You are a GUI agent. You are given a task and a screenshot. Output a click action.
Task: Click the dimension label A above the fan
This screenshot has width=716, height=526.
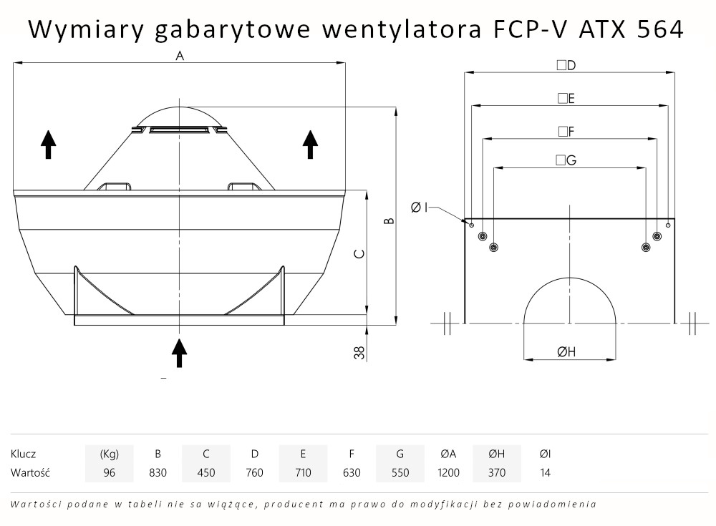[x=180, y=56]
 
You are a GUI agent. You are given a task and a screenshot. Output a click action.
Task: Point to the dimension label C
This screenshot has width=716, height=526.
[x=360, y=253]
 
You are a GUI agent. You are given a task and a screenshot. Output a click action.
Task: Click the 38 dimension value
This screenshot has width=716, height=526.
[x=360, y=351]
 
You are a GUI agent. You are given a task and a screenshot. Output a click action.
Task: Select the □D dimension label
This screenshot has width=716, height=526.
[x=566, y=65]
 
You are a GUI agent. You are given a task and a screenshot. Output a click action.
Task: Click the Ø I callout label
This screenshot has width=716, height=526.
[x=420, y=208]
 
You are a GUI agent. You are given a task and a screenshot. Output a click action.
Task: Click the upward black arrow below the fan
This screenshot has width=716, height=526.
[x=179, y=352]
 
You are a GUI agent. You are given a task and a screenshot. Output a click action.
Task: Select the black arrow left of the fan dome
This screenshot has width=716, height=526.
[x=48, y=144]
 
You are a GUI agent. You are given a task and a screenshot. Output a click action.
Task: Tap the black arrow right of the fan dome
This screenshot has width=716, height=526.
[x=310, y=144]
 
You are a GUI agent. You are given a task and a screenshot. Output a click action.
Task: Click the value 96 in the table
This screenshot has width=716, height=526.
[x=109, y=472]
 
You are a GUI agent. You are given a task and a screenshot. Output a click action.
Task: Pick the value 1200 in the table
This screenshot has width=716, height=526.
[x=448, y=472]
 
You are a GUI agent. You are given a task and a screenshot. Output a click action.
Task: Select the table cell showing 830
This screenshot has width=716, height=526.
[x=158, y=472]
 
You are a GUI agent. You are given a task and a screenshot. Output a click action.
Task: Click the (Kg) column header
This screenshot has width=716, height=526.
[x=109, y=454]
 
